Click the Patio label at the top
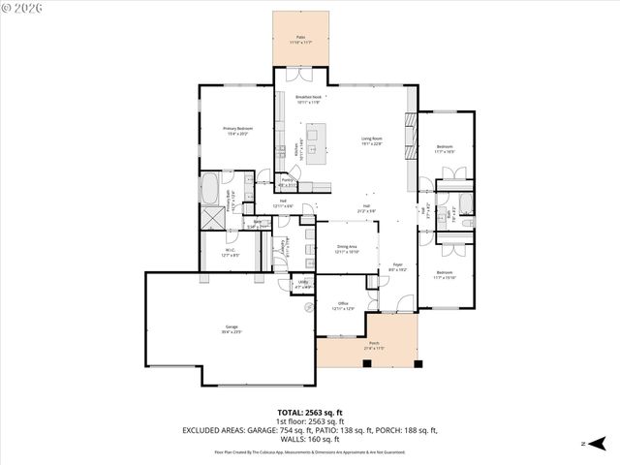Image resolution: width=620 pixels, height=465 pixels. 300,39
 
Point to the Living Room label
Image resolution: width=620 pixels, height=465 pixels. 373,140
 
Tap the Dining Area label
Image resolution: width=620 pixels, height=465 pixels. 346,249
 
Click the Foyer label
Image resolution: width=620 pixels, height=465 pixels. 397,265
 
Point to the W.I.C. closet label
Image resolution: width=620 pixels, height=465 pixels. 231,253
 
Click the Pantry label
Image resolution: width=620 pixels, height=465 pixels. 287,181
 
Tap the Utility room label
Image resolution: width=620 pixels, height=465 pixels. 302,284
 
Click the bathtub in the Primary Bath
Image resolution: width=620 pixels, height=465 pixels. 211,187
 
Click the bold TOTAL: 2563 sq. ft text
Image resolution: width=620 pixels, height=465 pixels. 309,413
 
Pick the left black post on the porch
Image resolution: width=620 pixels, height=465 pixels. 367,363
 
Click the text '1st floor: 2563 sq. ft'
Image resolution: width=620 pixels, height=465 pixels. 309,422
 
